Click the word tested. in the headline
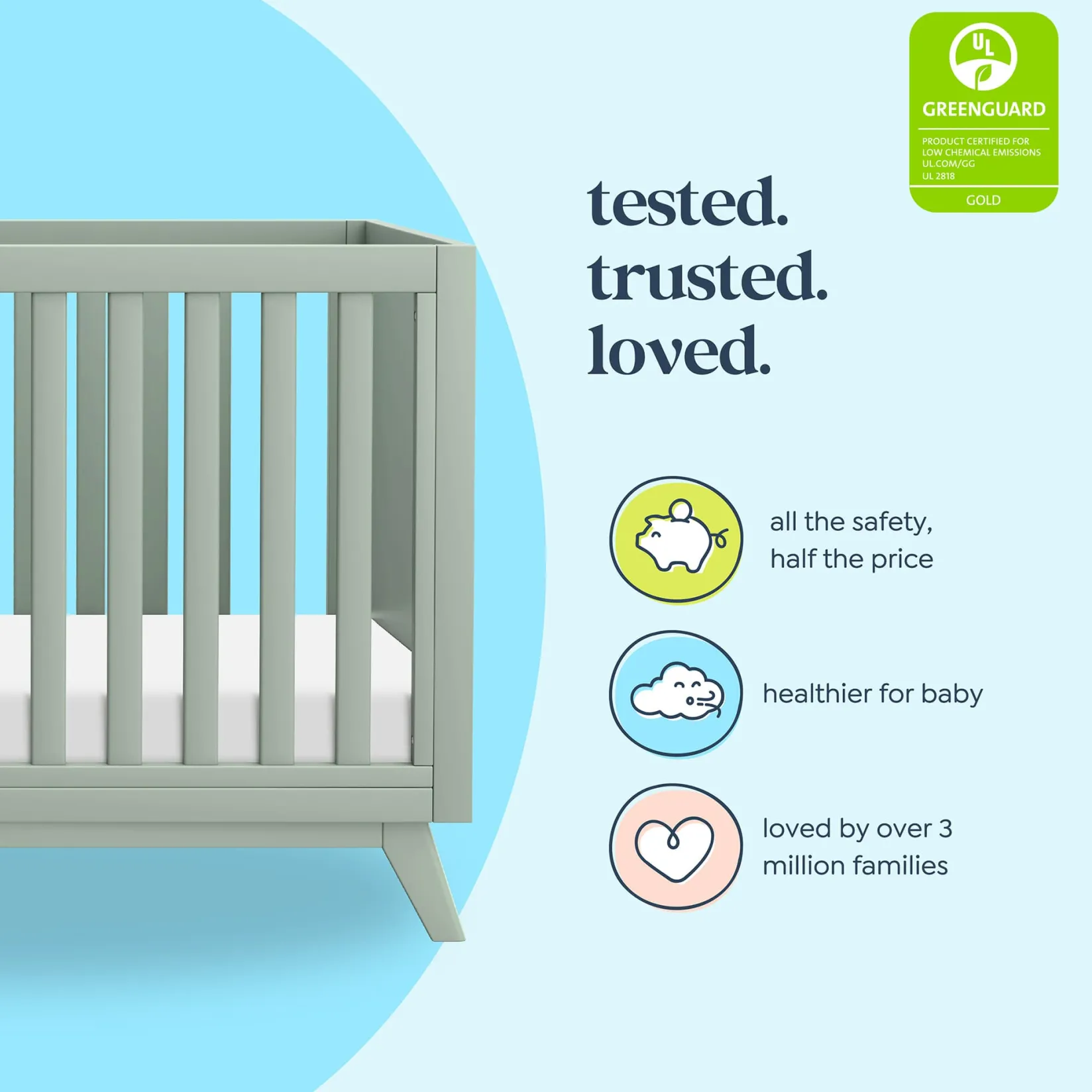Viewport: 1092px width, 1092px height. coord(688,203)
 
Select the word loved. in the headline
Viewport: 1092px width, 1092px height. coord(679,351)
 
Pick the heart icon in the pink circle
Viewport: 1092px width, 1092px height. coord(675,847)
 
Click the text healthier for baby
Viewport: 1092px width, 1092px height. coord(872,694)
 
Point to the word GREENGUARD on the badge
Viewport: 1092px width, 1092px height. coord(983,109)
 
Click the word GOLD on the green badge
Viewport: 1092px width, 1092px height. coord(983,200)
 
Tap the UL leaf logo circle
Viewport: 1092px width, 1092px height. coord(983,57)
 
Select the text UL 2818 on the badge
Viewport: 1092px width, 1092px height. coord(938,176)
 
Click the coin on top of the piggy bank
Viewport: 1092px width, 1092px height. coord(681,510)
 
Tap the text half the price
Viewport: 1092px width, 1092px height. coord(851,559)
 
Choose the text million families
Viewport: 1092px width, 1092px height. coord(855,865)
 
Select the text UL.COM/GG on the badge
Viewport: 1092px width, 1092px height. coord(948,164)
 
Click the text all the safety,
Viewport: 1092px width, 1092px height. coord(851,522)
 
